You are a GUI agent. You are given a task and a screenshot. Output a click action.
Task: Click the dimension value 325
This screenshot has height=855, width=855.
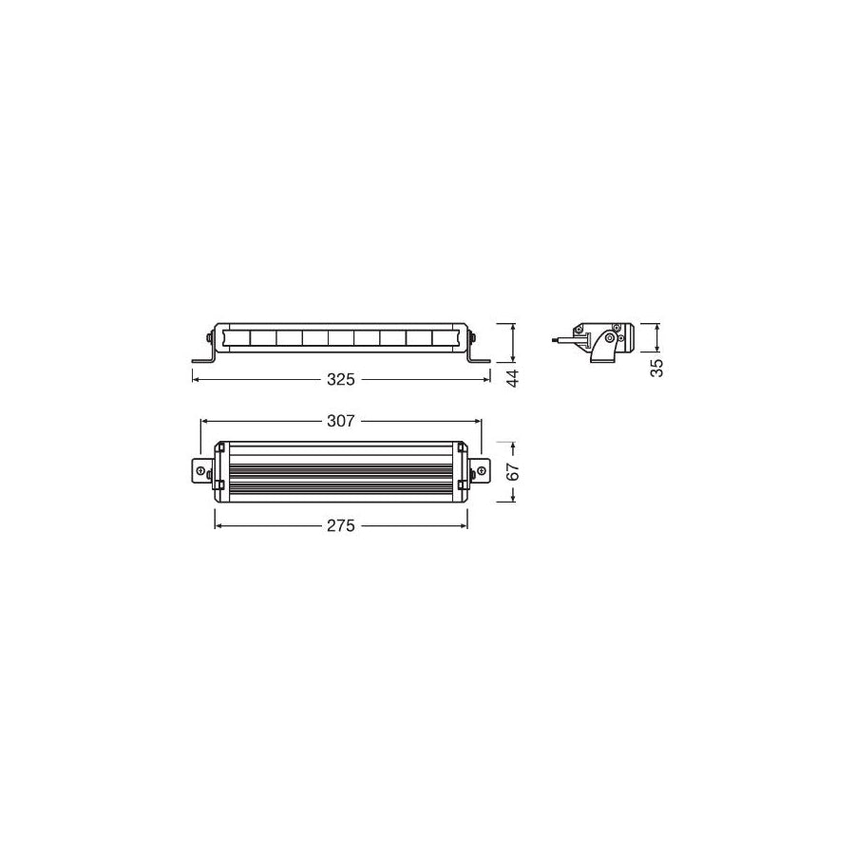[x=341, y=379]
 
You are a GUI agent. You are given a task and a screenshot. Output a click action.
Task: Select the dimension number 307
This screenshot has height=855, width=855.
[x=341, y=421]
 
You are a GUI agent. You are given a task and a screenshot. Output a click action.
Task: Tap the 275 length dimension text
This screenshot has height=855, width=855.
[x=341, y=525]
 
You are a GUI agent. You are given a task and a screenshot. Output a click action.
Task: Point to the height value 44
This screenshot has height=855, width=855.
[x=514, y=377]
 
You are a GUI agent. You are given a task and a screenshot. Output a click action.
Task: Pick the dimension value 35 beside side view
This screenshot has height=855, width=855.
[x=656, y=369]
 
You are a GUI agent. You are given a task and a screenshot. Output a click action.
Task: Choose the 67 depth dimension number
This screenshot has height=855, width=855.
[x=514, y=473]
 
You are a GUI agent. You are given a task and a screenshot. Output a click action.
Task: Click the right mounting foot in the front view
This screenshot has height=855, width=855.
[x=478, y=357]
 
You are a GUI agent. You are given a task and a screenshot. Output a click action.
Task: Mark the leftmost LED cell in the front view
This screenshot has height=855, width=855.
[x=237, y=337]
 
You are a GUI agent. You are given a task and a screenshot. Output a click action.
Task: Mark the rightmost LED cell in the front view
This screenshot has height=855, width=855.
[x=445, y=337]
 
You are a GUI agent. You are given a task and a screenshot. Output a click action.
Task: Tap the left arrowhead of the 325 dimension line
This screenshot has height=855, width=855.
[x=196, y=379]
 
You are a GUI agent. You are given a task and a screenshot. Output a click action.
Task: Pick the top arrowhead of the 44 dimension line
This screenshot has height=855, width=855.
[x=514, y=325]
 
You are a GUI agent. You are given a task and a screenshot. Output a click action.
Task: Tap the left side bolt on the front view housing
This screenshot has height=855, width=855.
[x=209, y=337]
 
